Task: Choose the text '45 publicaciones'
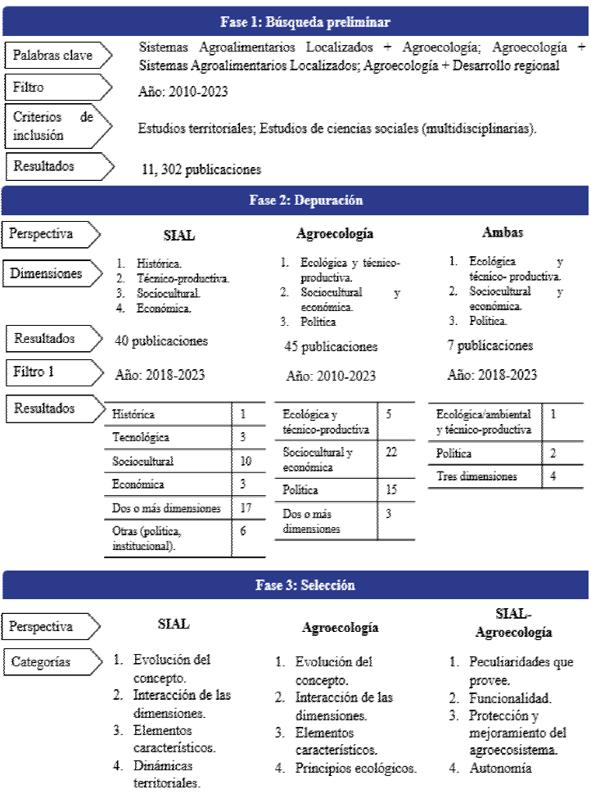[331, 346]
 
